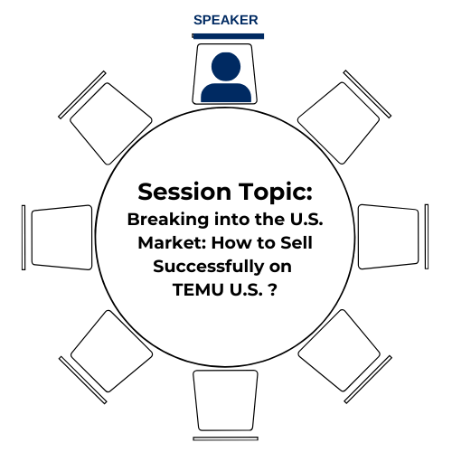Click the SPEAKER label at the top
[226, 20]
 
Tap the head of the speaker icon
[226, 67]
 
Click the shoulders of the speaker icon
[226, 93]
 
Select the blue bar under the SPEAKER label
[228, 36]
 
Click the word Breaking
[168, 220]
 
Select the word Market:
[172, 243]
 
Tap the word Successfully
[208, 267]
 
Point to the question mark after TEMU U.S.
[272, 290]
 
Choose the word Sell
[297, 243]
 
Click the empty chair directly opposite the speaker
[225, 400]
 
